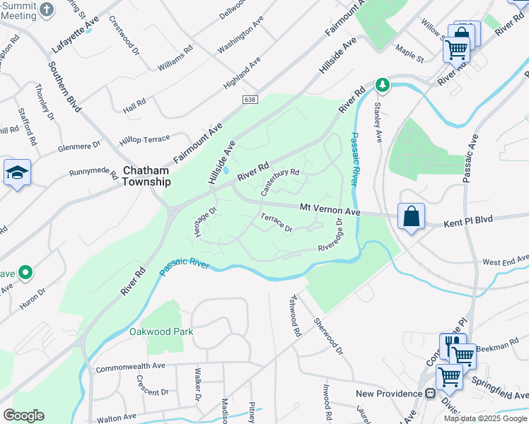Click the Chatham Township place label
point(146,177)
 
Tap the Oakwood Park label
point(161,331)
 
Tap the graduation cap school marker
point(17,173)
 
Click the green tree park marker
point(383,85)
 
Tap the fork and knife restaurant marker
point(453,345)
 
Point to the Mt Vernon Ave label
point(330,211)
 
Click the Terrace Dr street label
point(277,223)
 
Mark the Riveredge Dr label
point(330,238)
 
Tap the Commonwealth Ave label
point(130,367)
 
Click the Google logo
point(23,415)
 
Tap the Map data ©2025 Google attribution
point(485,418)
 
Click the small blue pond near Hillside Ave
point(226,170)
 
